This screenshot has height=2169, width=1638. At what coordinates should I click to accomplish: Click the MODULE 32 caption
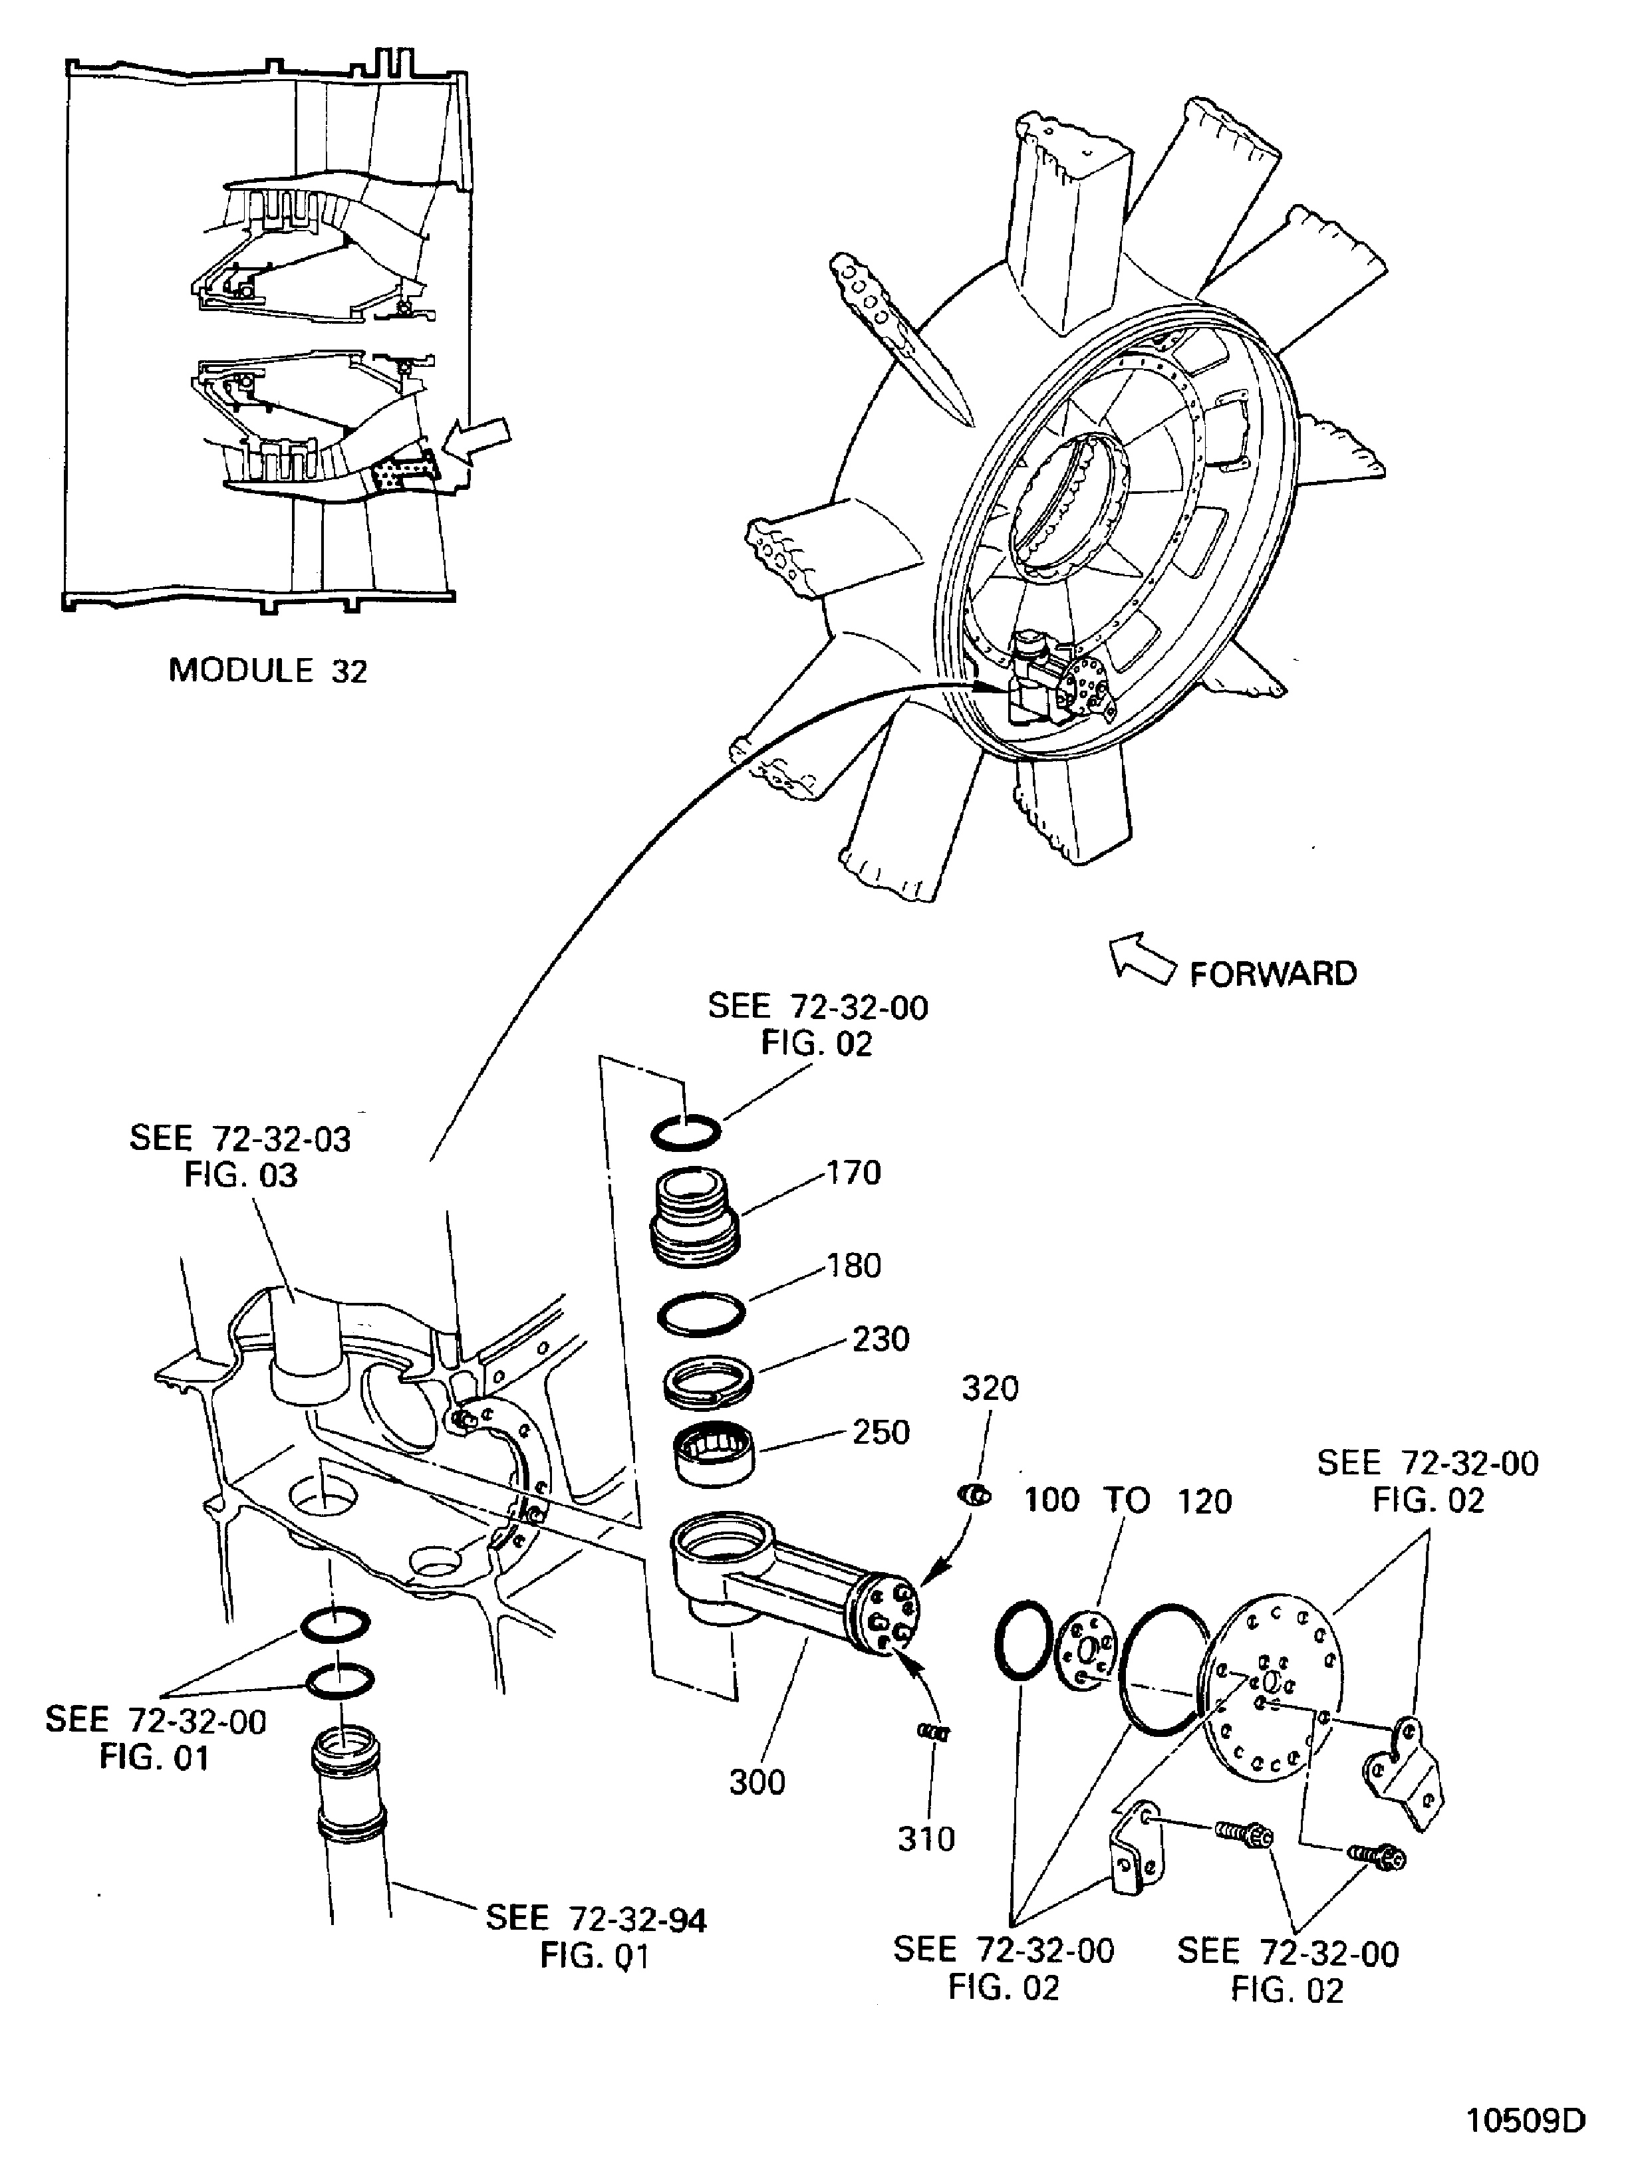click(x=268, y=671)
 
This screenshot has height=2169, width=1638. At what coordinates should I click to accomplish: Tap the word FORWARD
click(x=1273, y=974)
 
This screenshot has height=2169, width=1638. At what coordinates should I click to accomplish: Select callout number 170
click(x=853, y=1173)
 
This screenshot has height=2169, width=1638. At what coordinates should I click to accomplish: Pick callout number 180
click(x=853, y=1266)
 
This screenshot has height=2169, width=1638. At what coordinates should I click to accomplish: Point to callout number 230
click(x=880, y=1339)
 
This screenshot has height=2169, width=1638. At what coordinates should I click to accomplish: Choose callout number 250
click(x=881, y=1432)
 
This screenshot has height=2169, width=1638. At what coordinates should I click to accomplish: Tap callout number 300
click(x=757, y=1781)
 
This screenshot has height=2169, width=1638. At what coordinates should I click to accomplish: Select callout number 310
click(x=926, y=1839)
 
